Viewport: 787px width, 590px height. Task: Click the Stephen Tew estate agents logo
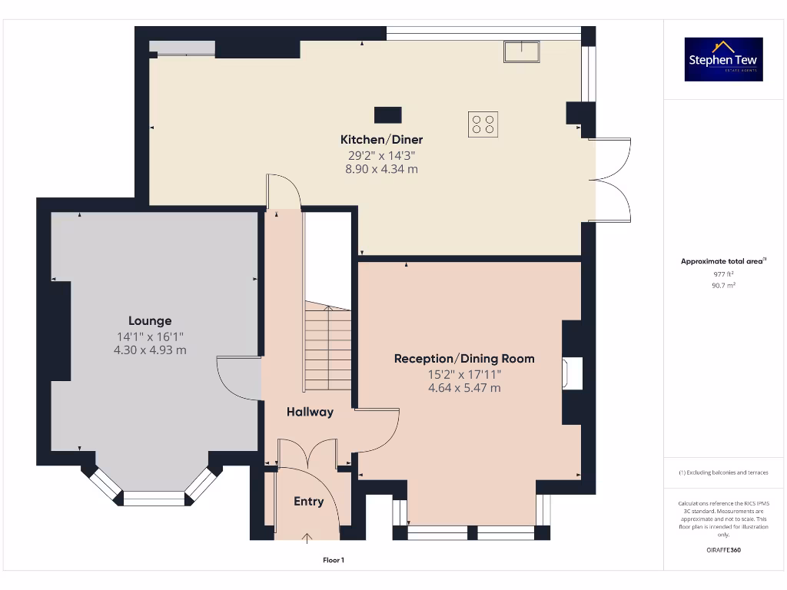pos(723,59)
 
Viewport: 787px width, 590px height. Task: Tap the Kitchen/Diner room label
pos(381,140)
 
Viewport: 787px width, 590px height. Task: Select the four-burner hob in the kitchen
pos(483,124)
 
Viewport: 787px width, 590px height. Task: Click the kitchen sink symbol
pos(523,52)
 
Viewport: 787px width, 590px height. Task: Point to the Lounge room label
pos(150,321)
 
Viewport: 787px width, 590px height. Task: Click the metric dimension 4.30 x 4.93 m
pos(150,350)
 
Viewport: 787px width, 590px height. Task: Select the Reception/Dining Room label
pos(464,359)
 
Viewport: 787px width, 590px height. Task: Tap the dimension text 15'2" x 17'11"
pos(464,374)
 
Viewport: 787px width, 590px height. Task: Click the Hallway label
pos(310,412)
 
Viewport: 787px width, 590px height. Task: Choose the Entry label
pos(308,502)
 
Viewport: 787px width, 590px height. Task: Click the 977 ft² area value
pos(723,273)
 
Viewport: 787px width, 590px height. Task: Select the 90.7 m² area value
pos(723,285)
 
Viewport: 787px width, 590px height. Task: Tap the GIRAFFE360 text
pos(723,550)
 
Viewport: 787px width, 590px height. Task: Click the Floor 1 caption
pos(334,561)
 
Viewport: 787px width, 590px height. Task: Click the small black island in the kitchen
pos(387,115)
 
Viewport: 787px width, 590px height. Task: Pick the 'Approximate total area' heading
pos(722,261)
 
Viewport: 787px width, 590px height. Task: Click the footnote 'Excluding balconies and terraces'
pos(723,472)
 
